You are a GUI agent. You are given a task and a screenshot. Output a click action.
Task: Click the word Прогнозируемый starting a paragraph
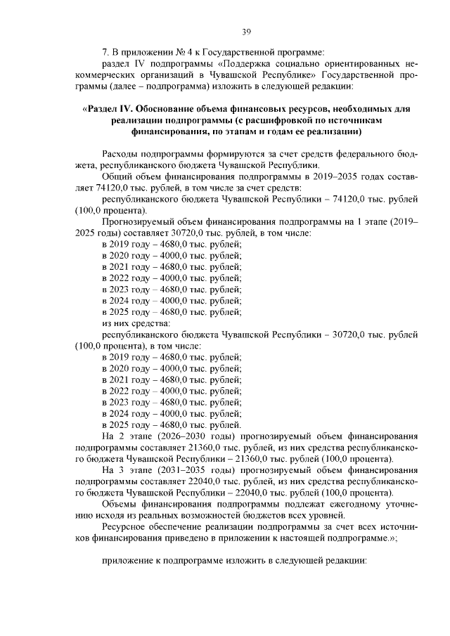point(139,221)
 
